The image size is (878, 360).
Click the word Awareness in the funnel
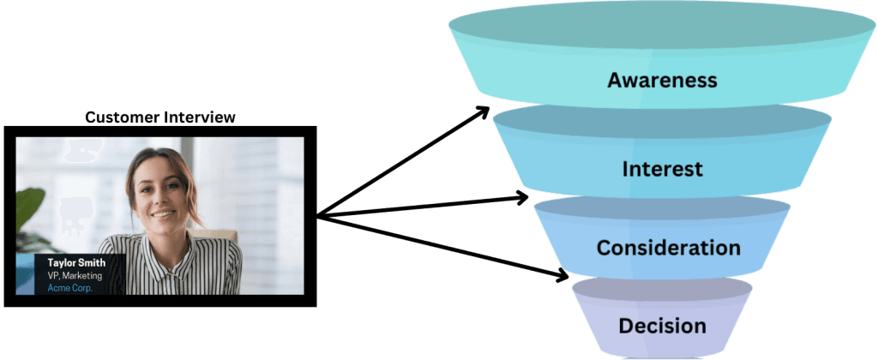coord(661,81)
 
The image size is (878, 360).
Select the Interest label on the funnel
coord(662,168)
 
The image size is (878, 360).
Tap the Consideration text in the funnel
coord(668,248)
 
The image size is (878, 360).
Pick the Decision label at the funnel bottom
coord(664,326)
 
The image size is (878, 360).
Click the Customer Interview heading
coord(159,117)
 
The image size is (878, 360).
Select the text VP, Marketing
coord(75,276)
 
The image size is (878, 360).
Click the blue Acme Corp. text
coord(70,288)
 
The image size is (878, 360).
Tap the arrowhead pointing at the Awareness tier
coord(484,111)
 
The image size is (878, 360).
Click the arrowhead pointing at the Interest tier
coord(522,198)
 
